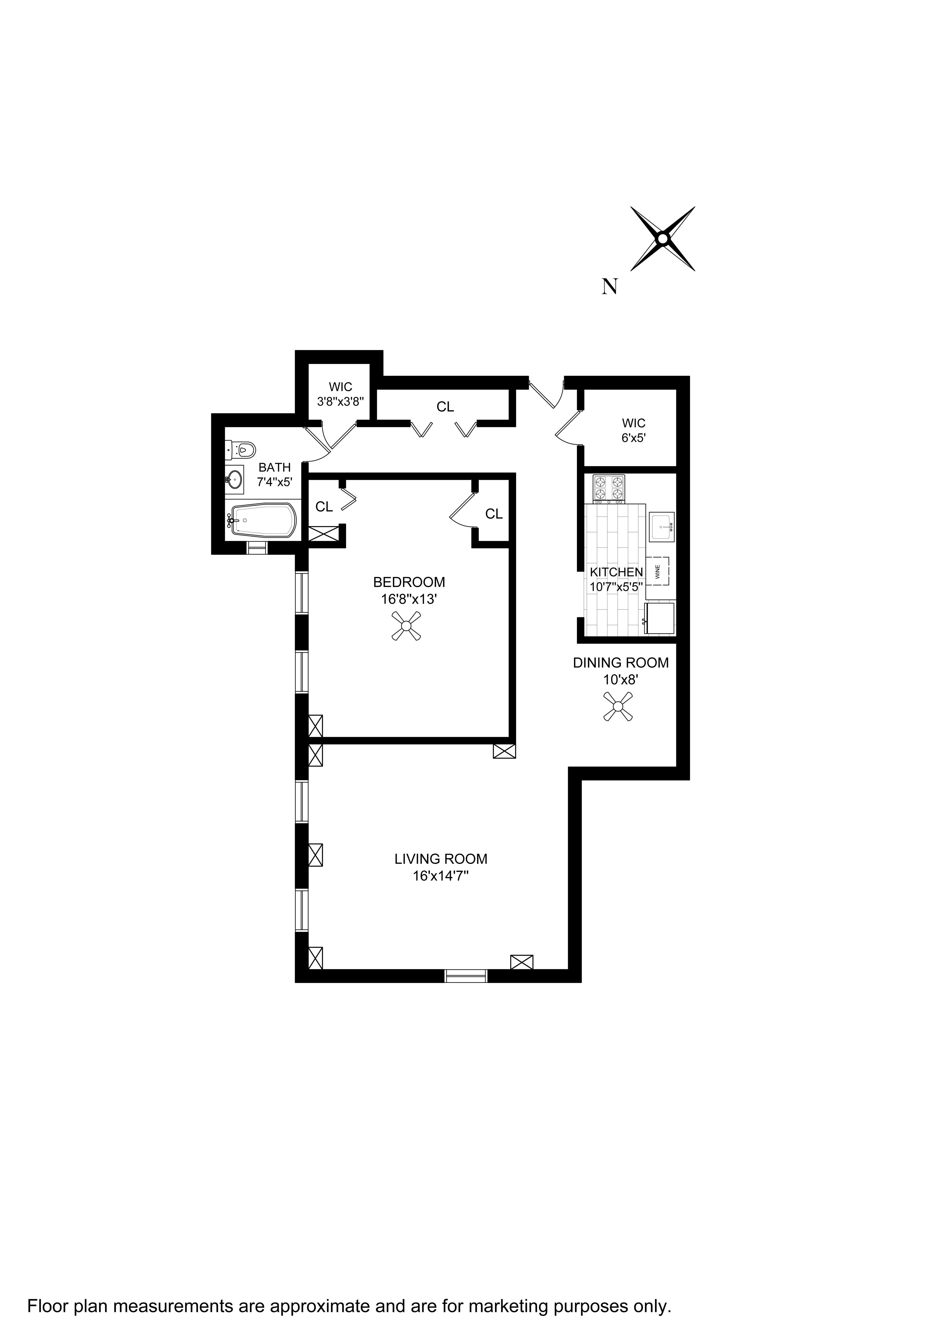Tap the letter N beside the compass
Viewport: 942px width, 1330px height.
click(609, 287)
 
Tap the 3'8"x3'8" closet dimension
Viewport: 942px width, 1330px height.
click(340, 401)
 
